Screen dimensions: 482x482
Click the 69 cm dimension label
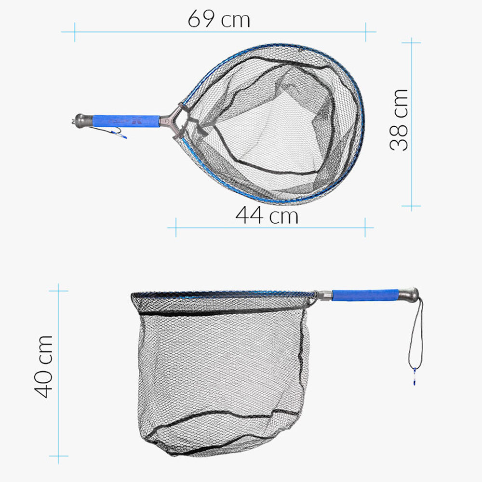click(x=219, y=19)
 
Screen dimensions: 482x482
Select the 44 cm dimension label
click(x=267, y=215)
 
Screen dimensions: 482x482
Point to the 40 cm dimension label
click(x=44, y=366)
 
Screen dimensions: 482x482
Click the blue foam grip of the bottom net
click(x=365, y=295)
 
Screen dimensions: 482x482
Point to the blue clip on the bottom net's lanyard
click(x=414, y=377)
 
